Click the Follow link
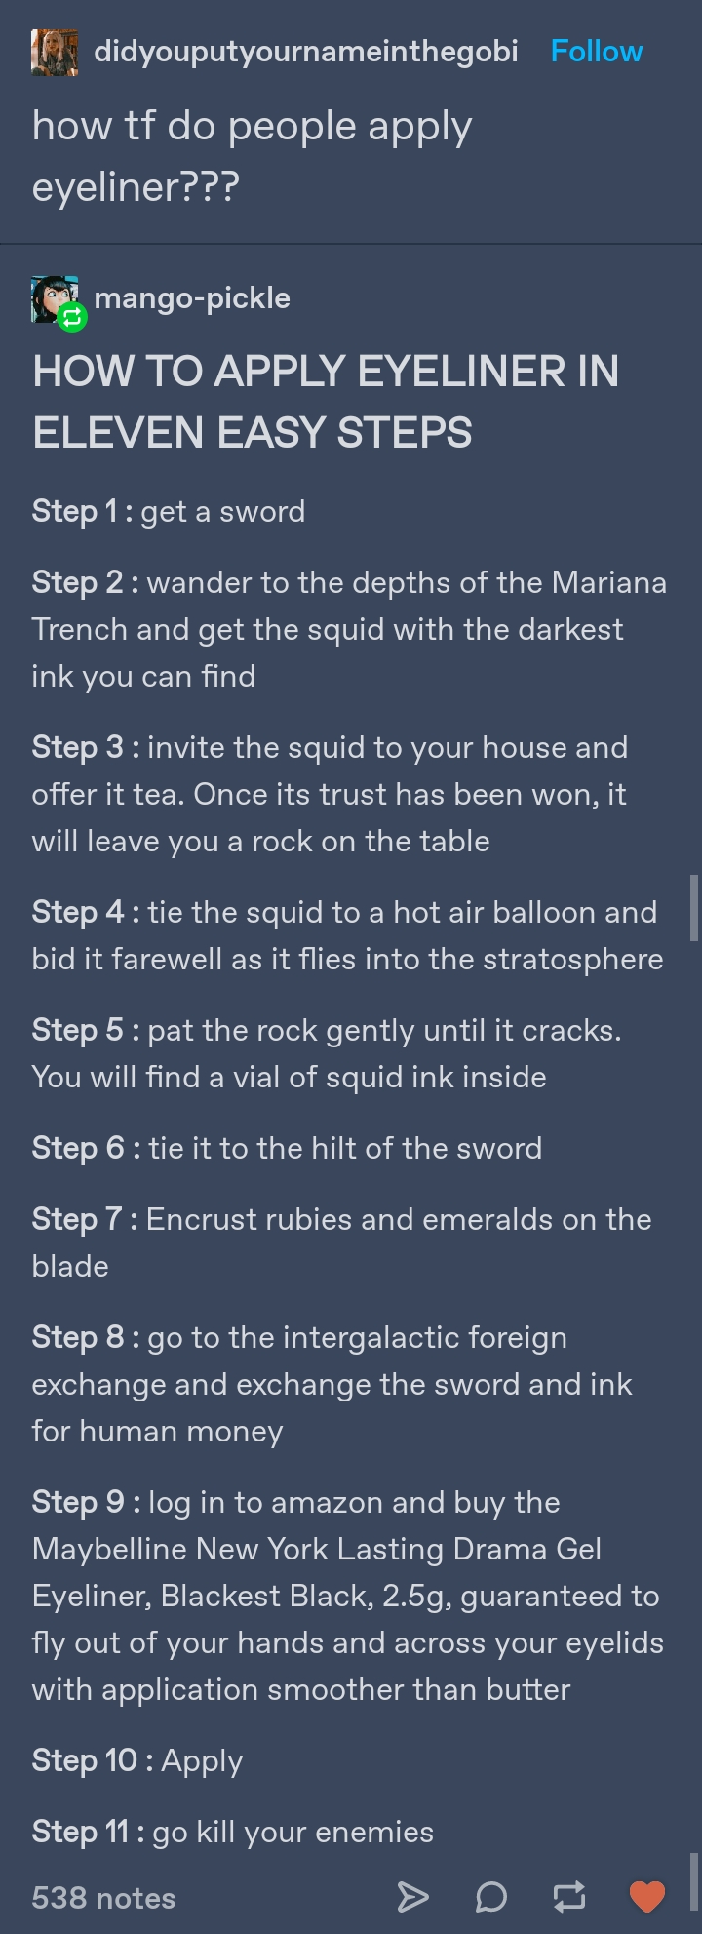(597, 52)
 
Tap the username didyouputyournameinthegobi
(306, 53)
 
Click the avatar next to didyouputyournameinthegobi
(55, 53)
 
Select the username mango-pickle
(192, 298)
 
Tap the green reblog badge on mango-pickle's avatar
(72, 317)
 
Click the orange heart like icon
(646, 1896)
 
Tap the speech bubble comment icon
(491, 1897)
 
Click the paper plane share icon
(412, 1897)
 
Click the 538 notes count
(103, 1898)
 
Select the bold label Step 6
(78, 1149)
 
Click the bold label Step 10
(85, 1760)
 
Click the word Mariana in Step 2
(609, 582)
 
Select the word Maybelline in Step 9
(109, 1550)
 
